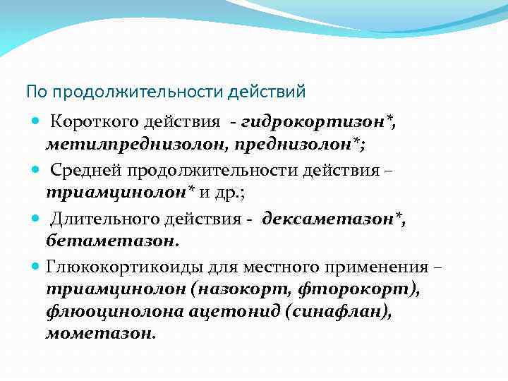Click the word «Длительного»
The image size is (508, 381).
[99, 219]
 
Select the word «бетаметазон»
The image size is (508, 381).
[111, 240]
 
